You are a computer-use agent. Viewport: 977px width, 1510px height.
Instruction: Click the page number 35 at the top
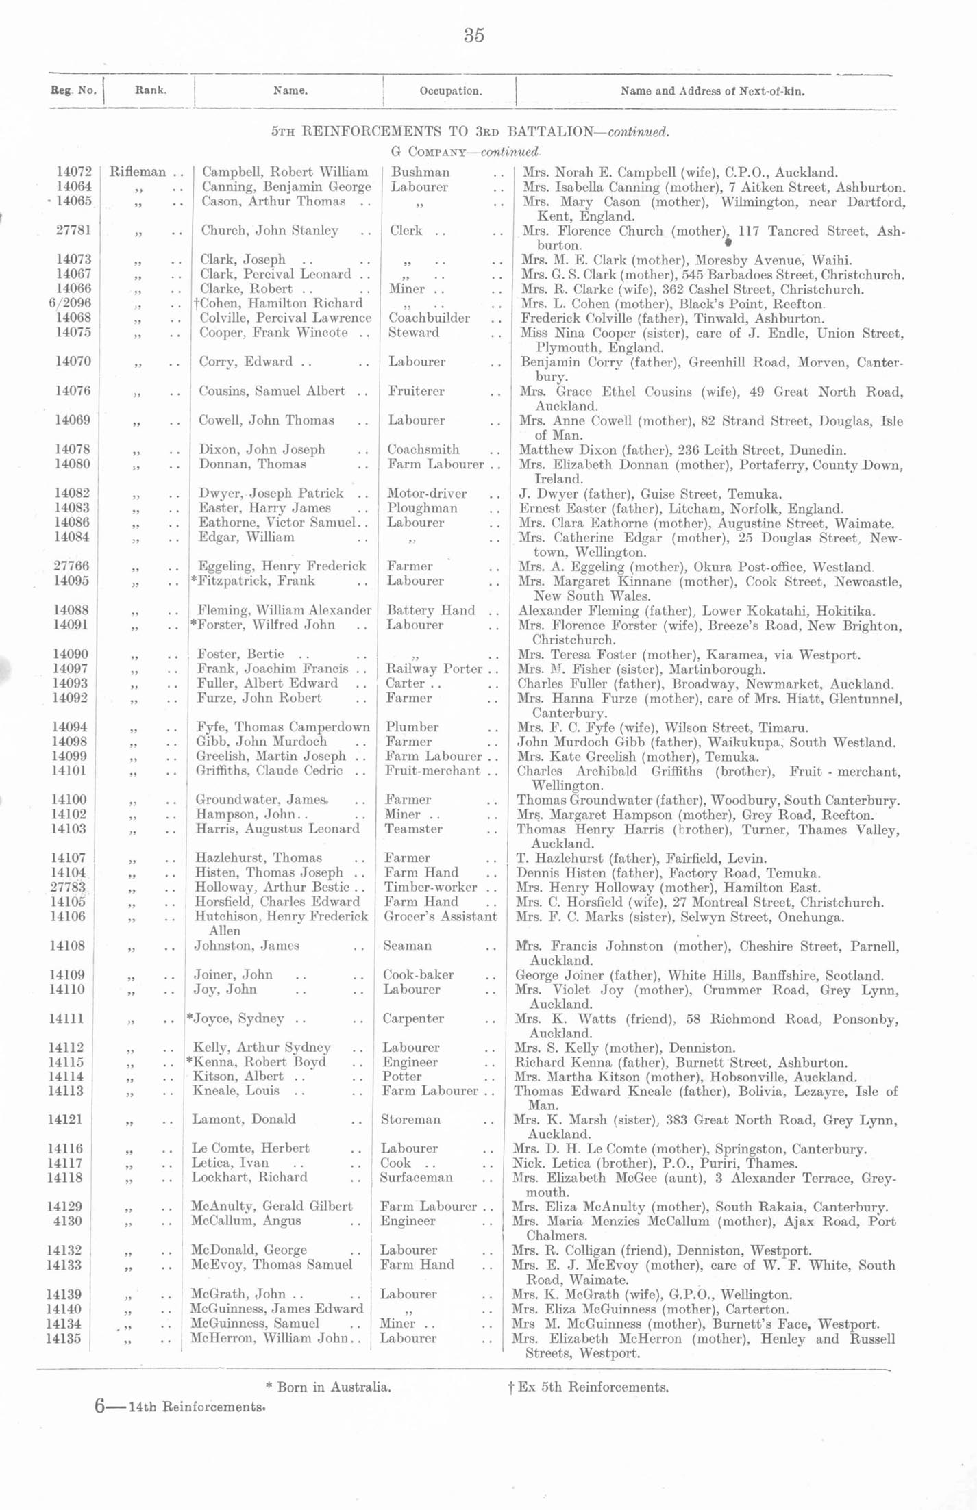[474, 36]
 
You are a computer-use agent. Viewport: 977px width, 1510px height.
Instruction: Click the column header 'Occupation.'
[450, 91]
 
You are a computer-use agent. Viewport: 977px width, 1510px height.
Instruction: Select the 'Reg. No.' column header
[73, 90]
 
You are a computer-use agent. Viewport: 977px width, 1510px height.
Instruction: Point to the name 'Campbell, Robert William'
[284, 172]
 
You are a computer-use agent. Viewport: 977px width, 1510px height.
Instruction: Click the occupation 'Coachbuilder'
[429, 318]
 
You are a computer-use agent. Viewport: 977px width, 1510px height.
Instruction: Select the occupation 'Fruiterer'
[416, 391]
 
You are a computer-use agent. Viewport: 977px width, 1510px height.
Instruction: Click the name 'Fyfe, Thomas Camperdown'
[283, 727]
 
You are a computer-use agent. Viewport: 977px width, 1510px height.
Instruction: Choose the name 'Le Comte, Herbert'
[250, 1148]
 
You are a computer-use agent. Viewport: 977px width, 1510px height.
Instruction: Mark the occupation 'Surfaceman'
[416, 1177]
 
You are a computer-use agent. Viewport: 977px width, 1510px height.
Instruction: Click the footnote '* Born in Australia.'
[328, 1387]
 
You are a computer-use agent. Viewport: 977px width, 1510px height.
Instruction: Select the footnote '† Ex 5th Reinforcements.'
[587, 1387]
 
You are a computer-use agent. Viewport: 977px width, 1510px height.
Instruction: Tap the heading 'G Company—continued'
[465, 151]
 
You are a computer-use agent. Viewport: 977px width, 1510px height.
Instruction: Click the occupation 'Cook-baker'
[418, 974]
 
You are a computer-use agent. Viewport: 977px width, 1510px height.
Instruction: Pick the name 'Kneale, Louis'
[236, 1090]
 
